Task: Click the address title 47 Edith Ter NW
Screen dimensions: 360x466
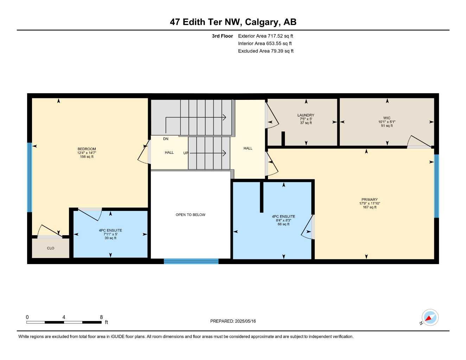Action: (x=233, y=22)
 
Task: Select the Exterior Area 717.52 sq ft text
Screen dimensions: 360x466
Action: (x=266, y=36)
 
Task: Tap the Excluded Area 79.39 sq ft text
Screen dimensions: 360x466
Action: (x=266, y=51)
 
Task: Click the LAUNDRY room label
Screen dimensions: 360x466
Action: (x=306, y=115)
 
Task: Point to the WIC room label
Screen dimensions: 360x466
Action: (x=387, y=118)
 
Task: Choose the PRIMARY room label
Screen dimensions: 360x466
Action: (x=369, y=200)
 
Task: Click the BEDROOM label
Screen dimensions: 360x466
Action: (x=87, y=149)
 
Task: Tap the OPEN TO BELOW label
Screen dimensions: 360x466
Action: (x=190, y=215)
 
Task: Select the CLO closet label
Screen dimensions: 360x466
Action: (x=51, y=248)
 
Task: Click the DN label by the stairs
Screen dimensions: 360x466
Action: (x=166, y=139)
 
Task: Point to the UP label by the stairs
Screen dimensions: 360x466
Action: (x=186, y=153)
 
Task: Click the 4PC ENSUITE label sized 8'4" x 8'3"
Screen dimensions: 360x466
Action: (x=283, y=217)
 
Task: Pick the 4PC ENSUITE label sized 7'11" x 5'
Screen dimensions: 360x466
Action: (x=110, y=231)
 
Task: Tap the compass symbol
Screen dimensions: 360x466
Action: (x=429, y=318)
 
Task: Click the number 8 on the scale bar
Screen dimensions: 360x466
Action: (x=101, y=317)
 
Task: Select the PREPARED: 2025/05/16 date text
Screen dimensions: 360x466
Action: (x=233, y=321)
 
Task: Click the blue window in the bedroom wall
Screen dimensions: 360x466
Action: (x=30, y=177)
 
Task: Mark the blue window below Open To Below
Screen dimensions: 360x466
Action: (x=191, y=261)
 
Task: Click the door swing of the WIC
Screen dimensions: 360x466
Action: (x=419, y=142)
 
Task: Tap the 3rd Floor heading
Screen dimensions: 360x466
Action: (x=222, y=36)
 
